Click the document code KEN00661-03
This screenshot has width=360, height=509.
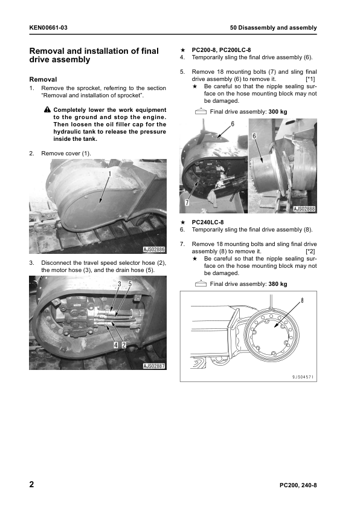pos(48,28)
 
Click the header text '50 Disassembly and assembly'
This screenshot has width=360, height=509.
pos(274,28)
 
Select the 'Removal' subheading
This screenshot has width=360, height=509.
pos(43,79)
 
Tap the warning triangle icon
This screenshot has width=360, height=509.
pos(47,109)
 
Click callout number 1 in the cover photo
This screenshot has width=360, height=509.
pos(109,174)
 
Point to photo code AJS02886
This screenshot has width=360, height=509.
pos(154,249)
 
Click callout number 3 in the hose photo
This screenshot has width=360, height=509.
pos(120,284)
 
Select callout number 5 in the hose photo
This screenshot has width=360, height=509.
pos(130,284)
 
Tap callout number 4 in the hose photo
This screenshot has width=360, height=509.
pos(116,345)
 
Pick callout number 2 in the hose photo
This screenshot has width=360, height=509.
pos(124,345)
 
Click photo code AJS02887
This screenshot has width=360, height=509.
pos(154,366)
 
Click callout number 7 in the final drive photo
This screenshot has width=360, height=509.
pos(187,203)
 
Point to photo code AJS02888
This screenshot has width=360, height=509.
pos(304,209)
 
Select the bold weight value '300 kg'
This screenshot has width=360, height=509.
pos(278,112)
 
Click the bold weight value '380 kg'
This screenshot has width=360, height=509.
pos(278,284)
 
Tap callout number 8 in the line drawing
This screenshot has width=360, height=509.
pos(302,300)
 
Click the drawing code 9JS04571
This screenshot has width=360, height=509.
pos(303,377)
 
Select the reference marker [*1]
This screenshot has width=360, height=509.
pos(310,79)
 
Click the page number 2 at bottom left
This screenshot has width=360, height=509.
pos(31,484)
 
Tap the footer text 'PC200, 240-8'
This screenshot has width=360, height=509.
pos(298,485)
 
